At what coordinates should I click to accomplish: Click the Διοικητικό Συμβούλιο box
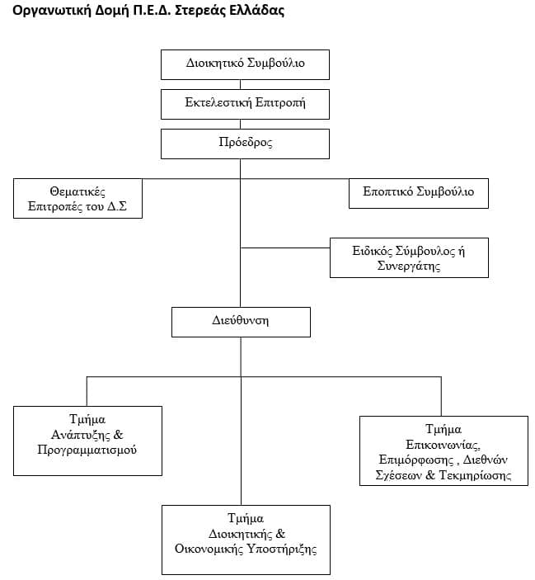click(x=245, y=64)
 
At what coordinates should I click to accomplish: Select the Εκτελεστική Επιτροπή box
click(x=245, y=104)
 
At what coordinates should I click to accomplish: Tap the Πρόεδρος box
click(x=245, y=144)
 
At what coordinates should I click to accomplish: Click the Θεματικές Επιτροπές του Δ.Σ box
click(x=77, y=198)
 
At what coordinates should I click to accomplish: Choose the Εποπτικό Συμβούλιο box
click(x=419, y=193)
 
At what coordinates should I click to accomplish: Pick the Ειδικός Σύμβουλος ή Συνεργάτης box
click(x=409, y=257)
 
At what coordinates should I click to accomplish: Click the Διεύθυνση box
click(x=241, y=322)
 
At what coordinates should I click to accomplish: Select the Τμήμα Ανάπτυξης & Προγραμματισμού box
click(x=87, y=441)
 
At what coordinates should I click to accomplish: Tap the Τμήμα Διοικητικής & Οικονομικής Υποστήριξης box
click(x=246, y=540)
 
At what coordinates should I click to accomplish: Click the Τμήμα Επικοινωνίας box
click(x=443, y=451)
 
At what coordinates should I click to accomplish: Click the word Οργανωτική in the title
click(x=52, y=11)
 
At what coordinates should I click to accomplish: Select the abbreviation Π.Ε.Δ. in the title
click(x=152, y=10)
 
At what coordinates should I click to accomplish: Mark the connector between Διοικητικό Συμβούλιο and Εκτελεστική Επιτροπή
click(x=240, y=85)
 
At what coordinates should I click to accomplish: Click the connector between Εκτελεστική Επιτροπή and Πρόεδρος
click(x=240, y=125)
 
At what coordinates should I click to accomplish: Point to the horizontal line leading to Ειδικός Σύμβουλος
click(x=285, y=248)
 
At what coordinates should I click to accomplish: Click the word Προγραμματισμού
click(x=87, y=450)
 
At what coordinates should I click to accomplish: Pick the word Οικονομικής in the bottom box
click(x=209, y=549)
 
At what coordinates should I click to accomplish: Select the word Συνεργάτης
click(x=409, y=266)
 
